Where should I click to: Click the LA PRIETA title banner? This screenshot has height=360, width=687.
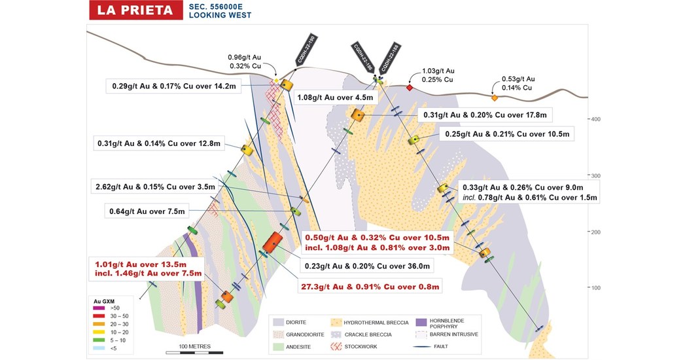133,10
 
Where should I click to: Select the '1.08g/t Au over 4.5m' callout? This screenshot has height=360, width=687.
335,98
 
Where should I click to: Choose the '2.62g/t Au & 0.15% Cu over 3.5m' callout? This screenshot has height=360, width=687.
155,187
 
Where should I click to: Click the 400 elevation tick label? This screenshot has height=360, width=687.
595,119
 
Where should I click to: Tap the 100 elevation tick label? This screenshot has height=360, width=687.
595,287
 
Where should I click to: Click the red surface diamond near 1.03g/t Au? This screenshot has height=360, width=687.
410,87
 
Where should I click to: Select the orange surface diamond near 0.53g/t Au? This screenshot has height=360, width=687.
495,98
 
